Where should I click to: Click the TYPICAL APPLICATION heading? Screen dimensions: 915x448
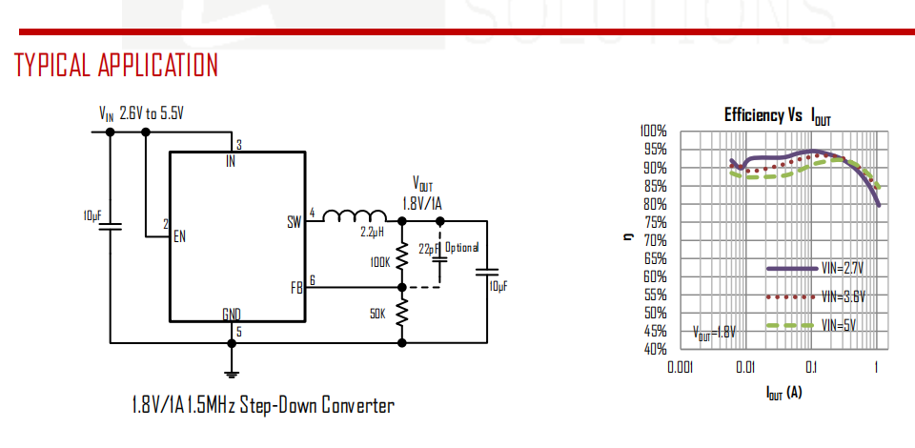click(x=116, y=65)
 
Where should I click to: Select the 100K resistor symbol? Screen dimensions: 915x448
click(x=401, y=256)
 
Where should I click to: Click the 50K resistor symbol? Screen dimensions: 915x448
click(x=401, y=314)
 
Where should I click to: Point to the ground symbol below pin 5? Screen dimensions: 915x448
click(x=232, y=375)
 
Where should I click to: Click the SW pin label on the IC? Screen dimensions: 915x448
click(x=295, y=222)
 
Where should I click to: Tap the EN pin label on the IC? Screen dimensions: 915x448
click(x=179, y=236)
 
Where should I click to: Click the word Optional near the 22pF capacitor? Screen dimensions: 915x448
click(x=462, y=247)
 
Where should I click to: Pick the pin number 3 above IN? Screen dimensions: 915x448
click(x=239, y=144)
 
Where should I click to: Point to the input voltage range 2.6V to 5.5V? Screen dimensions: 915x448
click(x=152, y=113)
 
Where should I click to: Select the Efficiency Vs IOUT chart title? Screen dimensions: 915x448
click(x=778, y=115)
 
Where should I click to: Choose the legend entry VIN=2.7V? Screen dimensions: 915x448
click(x=816, y=269)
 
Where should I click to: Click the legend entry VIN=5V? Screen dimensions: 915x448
click(x=811, y=325)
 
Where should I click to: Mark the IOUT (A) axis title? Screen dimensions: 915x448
click(x=783, y=393)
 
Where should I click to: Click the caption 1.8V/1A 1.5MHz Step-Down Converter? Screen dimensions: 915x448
click(x=263, y=405)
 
